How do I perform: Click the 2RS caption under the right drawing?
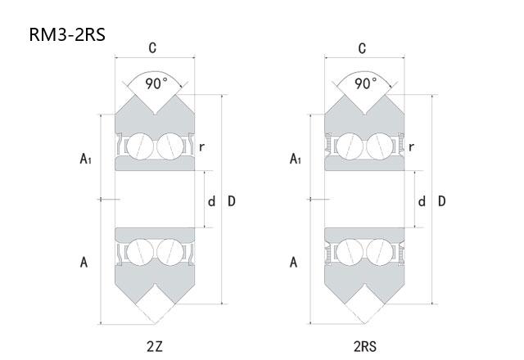(366, 347)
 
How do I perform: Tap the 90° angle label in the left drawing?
(155, 83)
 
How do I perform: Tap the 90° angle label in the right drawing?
(365, 83)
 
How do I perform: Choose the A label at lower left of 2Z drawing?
(84, 262)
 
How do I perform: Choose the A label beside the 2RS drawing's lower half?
(294, 262)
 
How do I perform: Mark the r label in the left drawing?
(201, 147)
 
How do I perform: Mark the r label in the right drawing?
(411, 147)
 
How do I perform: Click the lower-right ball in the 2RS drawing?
(379, 250)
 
